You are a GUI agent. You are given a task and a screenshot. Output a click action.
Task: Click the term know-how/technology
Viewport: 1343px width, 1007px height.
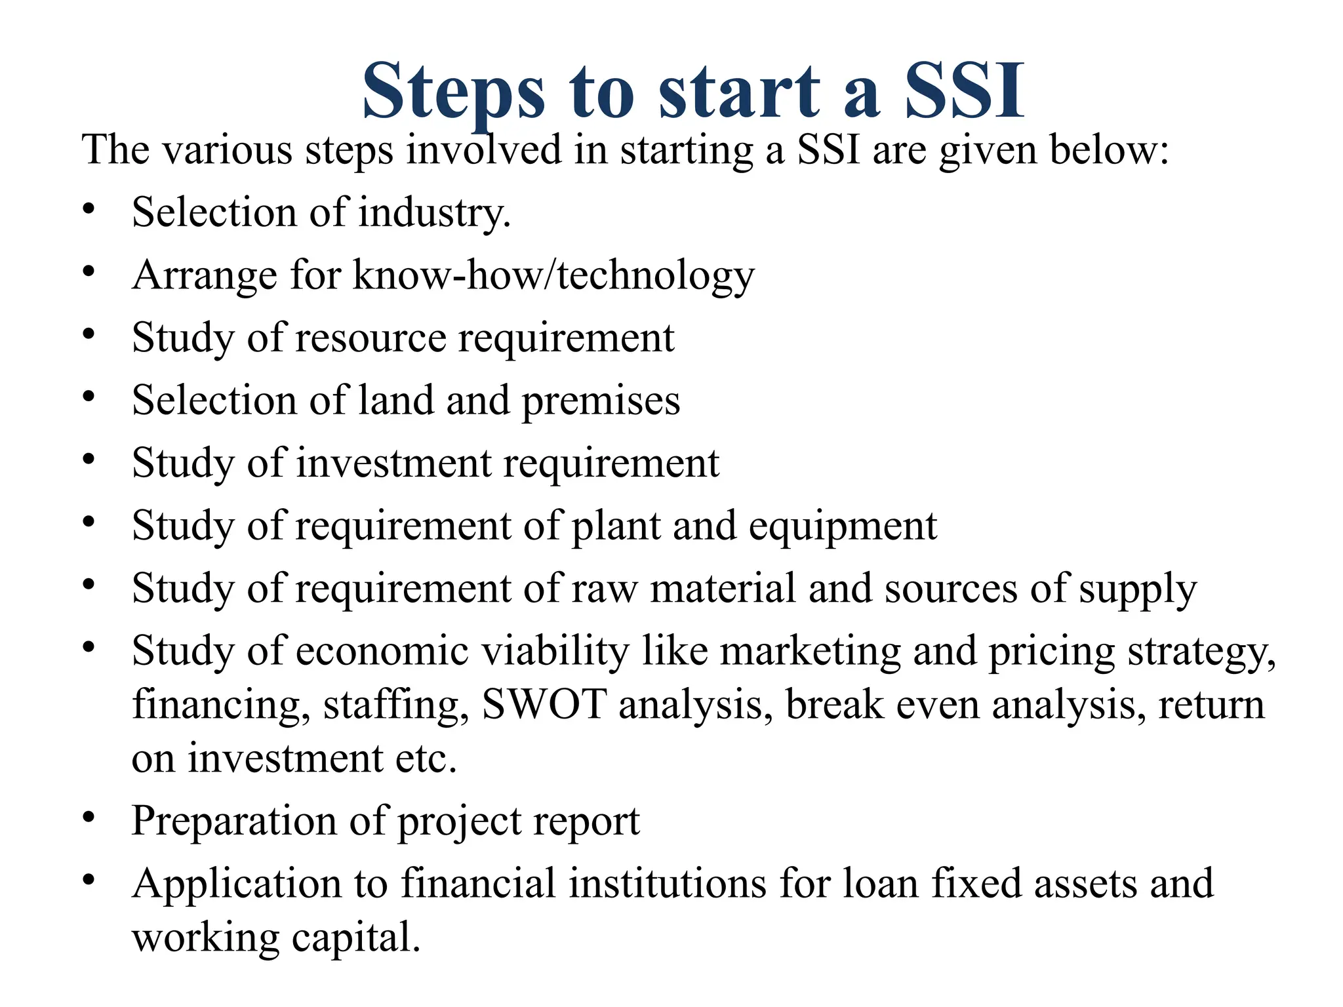(554, 275)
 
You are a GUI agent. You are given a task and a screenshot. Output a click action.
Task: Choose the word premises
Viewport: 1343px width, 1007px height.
(601, 401)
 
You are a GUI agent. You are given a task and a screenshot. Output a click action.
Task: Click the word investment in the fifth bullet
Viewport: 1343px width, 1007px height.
(393, 463)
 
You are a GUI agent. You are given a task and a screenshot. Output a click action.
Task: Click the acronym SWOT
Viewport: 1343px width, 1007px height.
(544, 705)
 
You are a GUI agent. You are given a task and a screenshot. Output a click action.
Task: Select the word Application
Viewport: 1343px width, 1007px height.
(237, 884)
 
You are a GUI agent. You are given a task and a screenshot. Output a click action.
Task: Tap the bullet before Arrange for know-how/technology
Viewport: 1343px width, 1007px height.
(89, 271)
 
